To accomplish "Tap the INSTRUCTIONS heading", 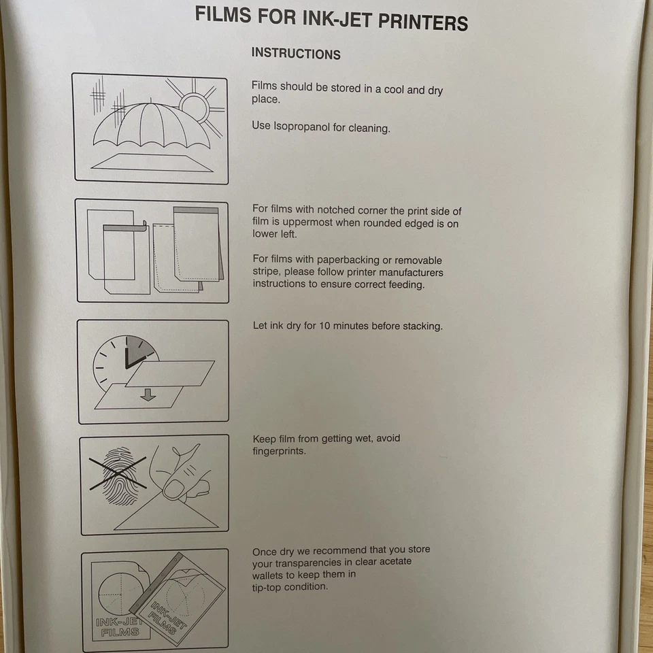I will (x=296, y=54).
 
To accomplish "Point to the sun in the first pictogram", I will (x=194, y=107).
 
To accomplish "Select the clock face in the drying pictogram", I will (x=125, y=361).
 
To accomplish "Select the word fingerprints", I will (x=280, y=451).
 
